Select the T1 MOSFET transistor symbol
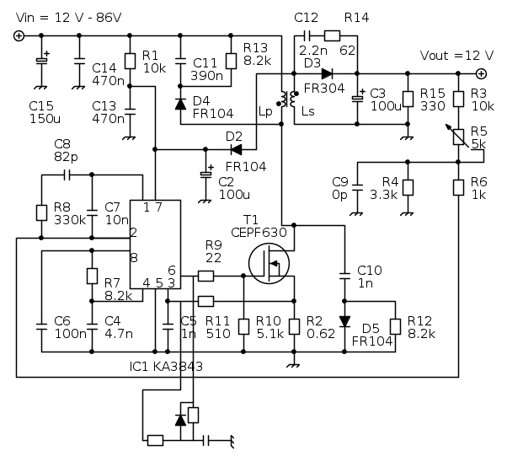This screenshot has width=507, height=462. pyautogui.click(x=270, y=263)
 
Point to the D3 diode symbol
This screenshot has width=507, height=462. pyautogui.click(x=326, y=73)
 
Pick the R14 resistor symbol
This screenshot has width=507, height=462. pyautogui.click(x=332, y=35)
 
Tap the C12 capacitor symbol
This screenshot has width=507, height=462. pyautogui.click(x=306, y=35)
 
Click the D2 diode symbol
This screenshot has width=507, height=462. pyautogui.click(x=237, y=150)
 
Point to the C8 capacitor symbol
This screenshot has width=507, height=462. pyautogui.click(x=67, y=175)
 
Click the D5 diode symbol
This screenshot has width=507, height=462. pyautogui.click(x=344, y=321)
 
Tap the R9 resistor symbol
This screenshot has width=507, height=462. pyautogui.click(x=206, y=275)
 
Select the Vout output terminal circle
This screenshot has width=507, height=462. pyautogui.click(x=480, y=73)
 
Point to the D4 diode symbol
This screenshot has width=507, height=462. pyautogui.click(x=180, y=104)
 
